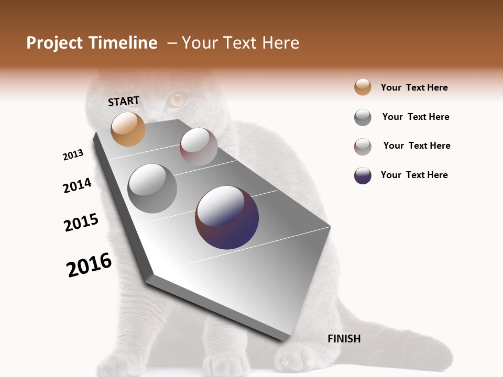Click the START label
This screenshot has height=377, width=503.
coord(124,101)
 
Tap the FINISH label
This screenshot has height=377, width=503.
coord(344,339)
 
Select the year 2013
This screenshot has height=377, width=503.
coord(73,155)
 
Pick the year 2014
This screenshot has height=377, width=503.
coord(78,186)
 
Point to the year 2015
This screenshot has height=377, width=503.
coord(81,223)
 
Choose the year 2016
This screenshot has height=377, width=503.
coord(89,265)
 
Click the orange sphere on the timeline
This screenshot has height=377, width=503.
coord(128,129)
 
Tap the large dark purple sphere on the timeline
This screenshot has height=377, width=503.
coord(227,217)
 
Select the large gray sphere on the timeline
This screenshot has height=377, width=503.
coord(152,188)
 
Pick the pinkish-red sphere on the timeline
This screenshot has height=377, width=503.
coord(199,147)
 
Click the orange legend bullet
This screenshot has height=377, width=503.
coord(363,87)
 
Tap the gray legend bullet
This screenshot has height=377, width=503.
coord(363,117)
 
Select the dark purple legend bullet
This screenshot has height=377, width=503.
coord(363,175)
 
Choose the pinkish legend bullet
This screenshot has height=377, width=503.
coord(363,147)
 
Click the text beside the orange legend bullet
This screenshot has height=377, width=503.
coord(414,87)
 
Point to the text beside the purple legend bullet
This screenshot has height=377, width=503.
coord(414,175)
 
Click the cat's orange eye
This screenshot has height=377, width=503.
coord(177,99)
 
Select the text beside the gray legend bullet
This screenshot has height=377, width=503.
coord(415,117)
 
